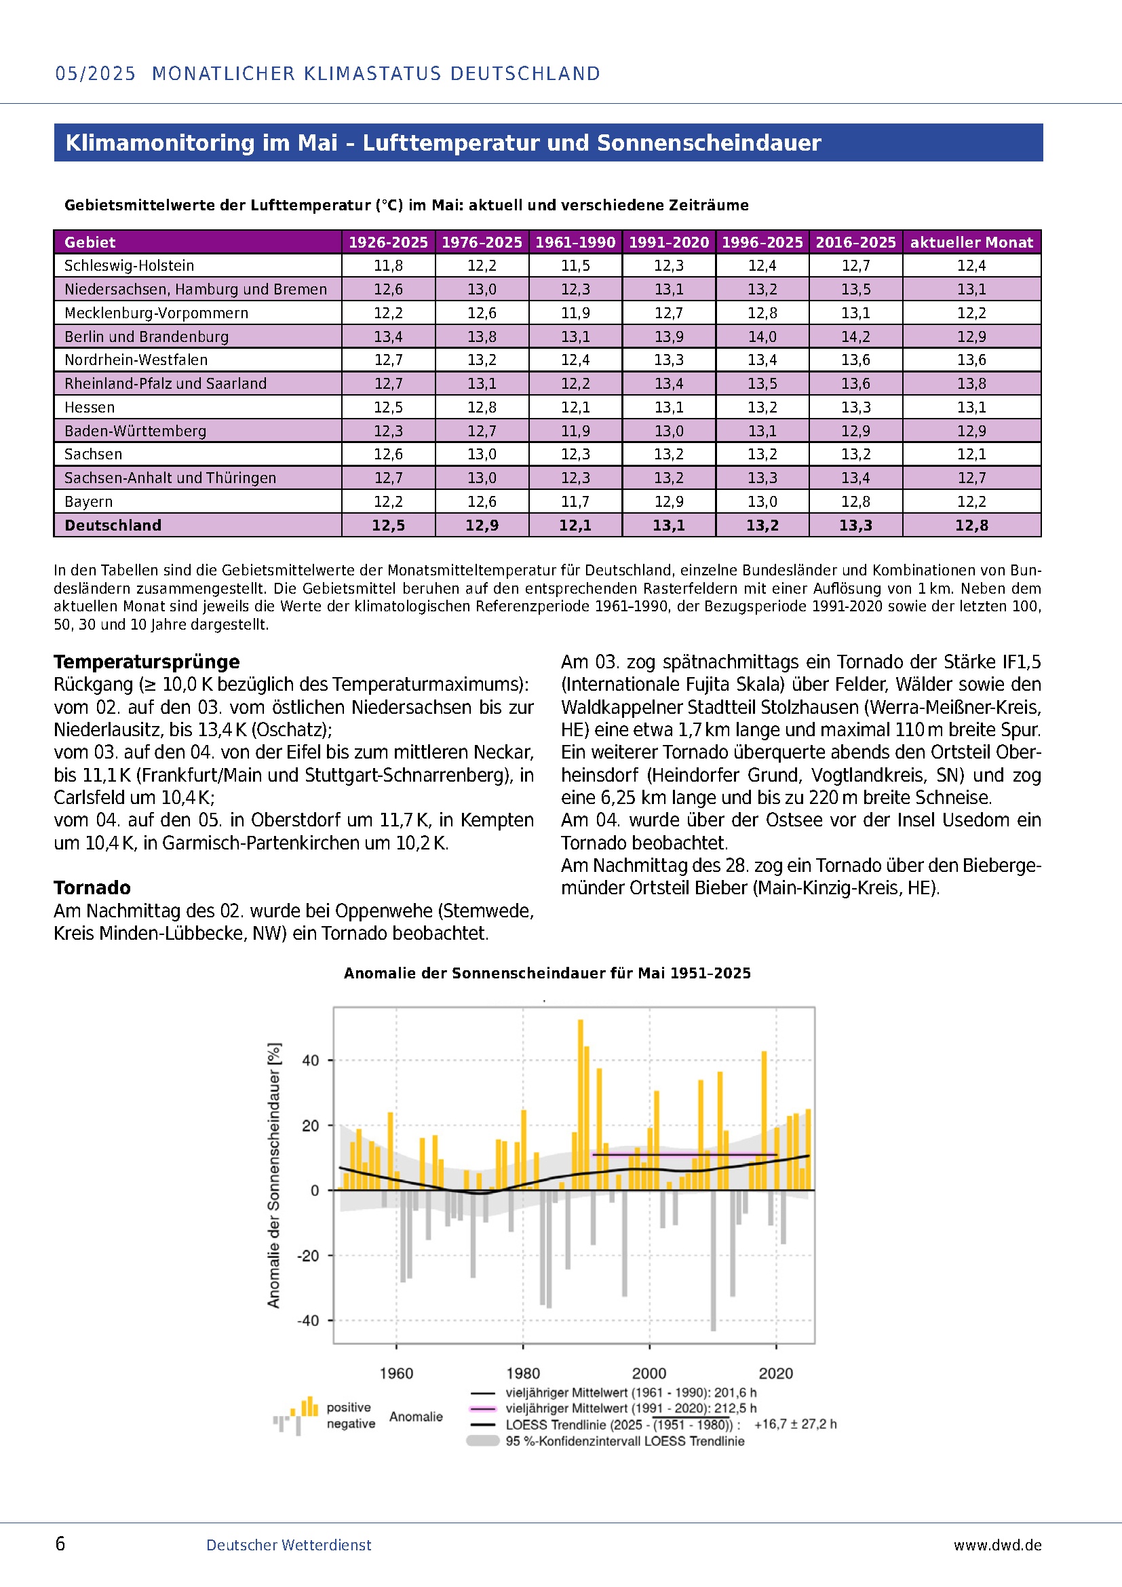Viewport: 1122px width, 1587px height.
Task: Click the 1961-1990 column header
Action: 575,242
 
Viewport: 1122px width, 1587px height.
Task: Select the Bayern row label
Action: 88,501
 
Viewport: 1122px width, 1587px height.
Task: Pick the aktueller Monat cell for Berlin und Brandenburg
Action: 971,337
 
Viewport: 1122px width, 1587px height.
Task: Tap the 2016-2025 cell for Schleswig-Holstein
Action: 855,265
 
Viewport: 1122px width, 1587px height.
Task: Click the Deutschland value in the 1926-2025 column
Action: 388,525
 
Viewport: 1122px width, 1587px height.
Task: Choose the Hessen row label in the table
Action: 89,407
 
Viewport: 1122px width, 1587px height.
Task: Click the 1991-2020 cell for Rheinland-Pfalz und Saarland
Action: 668,383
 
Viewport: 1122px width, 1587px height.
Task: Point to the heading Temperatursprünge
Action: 147,662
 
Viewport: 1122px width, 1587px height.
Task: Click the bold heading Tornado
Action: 92,887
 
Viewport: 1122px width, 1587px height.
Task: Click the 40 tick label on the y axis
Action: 310,1060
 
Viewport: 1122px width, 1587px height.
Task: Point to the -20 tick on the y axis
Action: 308,1255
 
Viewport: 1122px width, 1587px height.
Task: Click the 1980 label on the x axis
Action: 523,1373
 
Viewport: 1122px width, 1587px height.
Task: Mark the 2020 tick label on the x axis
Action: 776,1373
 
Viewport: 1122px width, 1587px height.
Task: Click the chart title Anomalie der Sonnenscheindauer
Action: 547,973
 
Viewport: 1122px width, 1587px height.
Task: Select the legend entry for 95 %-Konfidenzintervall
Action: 625,1441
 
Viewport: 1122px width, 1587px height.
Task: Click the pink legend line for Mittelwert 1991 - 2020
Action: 482,1409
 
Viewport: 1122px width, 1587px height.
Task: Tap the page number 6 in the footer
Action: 60,1544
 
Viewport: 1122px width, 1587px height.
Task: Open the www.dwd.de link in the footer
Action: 997,1545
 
